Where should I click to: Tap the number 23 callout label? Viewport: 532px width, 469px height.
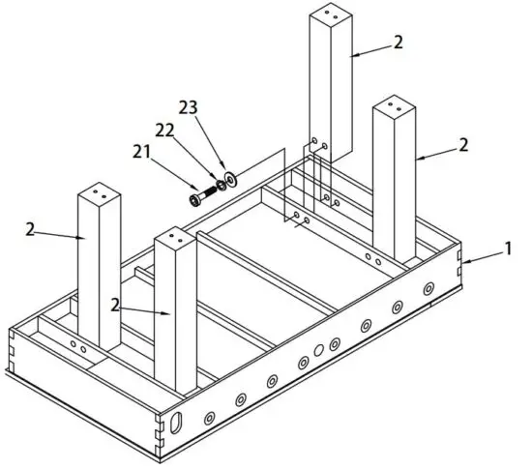(x=190, y=107)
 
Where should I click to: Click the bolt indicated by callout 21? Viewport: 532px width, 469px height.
(x=198, y=196)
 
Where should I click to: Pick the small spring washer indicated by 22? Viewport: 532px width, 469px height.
(x=220, y=185)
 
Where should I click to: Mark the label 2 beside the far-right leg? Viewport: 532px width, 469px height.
(x=464, y=144)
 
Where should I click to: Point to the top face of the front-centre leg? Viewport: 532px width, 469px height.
(x=176, y=237)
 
